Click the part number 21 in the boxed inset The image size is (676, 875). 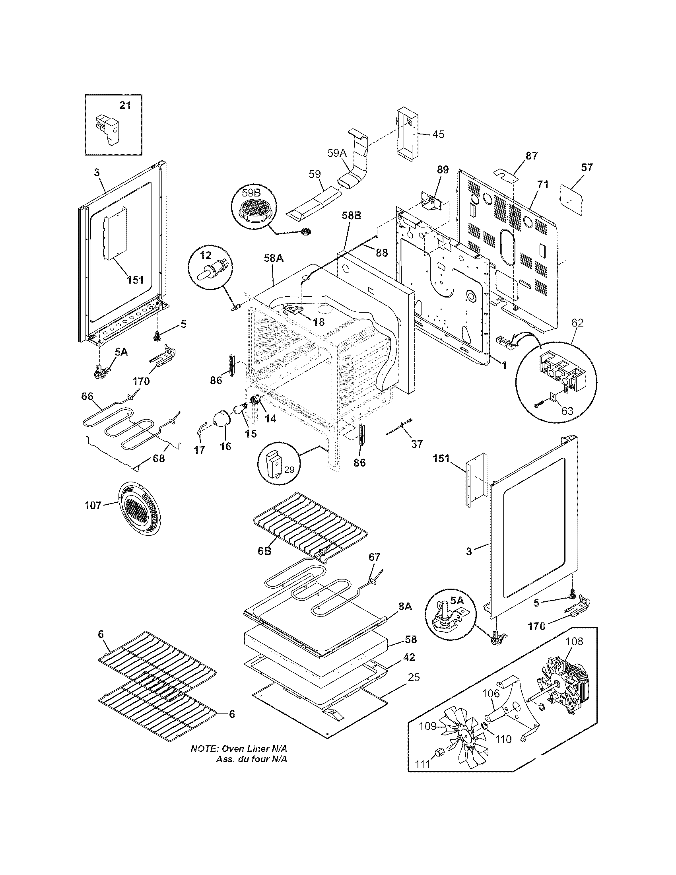125,105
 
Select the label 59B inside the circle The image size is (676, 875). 251,193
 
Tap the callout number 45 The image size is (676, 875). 438,134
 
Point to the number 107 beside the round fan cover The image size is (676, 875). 93,506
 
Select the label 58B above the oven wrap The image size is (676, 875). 352,216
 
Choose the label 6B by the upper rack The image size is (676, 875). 264,551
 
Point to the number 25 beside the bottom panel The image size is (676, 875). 414,677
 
